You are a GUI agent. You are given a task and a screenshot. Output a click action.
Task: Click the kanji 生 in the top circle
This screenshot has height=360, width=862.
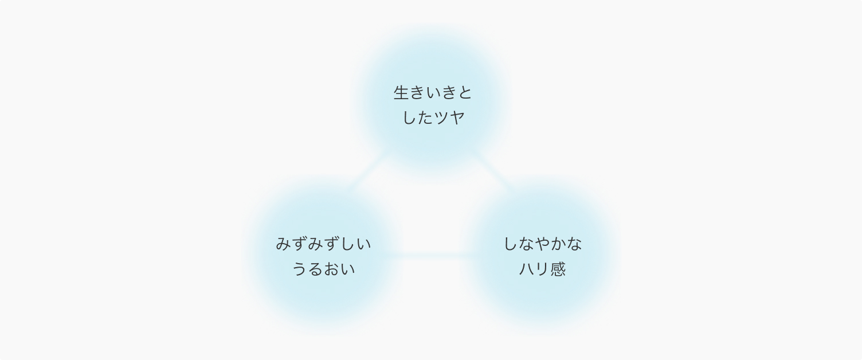pos(401,93)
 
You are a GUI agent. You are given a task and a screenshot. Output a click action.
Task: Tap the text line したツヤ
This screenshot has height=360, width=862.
pos(433,118)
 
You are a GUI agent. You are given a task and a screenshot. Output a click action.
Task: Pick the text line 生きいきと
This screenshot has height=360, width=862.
pos(433,93)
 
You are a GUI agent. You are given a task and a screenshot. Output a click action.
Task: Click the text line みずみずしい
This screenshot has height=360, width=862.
pos(323,244)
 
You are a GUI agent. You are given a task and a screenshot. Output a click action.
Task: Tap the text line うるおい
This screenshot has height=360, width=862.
pos(323,269)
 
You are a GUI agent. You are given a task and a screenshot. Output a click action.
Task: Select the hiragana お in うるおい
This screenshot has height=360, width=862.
pos(331,269)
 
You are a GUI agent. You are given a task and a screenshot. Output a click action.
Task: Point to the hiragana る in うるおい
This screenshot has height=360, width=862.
pos(316,269)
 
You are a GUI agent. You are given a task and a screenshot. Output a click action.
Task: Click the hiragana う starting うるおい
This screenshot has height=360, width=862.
pos(299,269)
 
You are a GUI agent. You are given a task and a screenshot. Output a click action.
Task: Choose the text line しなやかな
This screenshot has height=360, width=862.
pos(543,244)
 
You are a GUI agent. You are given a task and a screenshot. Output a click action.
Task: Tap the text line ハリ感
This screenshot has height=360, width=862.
pos(543,269)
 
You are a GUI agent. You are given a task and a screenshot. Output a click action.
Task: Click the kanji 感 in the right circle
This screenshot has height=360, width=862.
pos(558,269)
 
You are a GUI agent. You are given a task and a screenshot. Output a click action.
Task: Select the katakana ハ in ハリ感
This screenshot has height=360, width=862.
pos(527,269)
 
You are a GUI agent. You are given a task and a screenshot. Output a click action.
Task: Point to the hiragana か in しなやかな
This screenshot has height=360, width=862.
pos(558,244)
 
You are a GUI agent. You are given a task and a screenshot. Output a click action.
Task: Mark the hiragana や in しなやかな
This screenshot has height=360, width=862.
pos(543,244)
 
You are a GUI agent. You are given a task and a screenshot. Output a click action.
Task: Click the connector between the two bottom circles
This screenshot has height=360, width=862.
pos(433,255)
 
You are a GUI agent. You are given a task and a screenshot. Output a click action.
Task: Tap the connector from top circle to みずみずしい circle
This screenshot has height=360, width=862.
pos(372,172)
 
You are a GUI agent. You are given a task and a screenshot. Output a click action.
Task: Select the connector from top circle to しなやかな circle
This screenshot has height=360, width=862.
pos(493,171)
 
